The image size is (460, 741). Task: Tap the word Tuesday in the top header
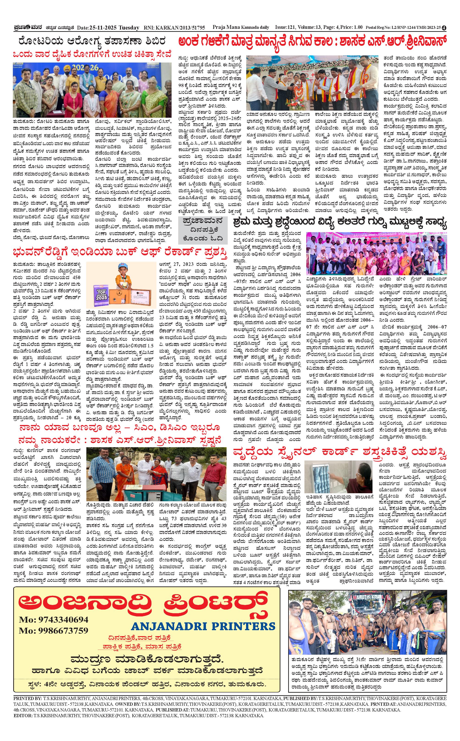pos(129,28)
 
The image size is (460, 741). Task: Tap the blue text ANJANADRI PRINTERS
pos(203,626)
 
